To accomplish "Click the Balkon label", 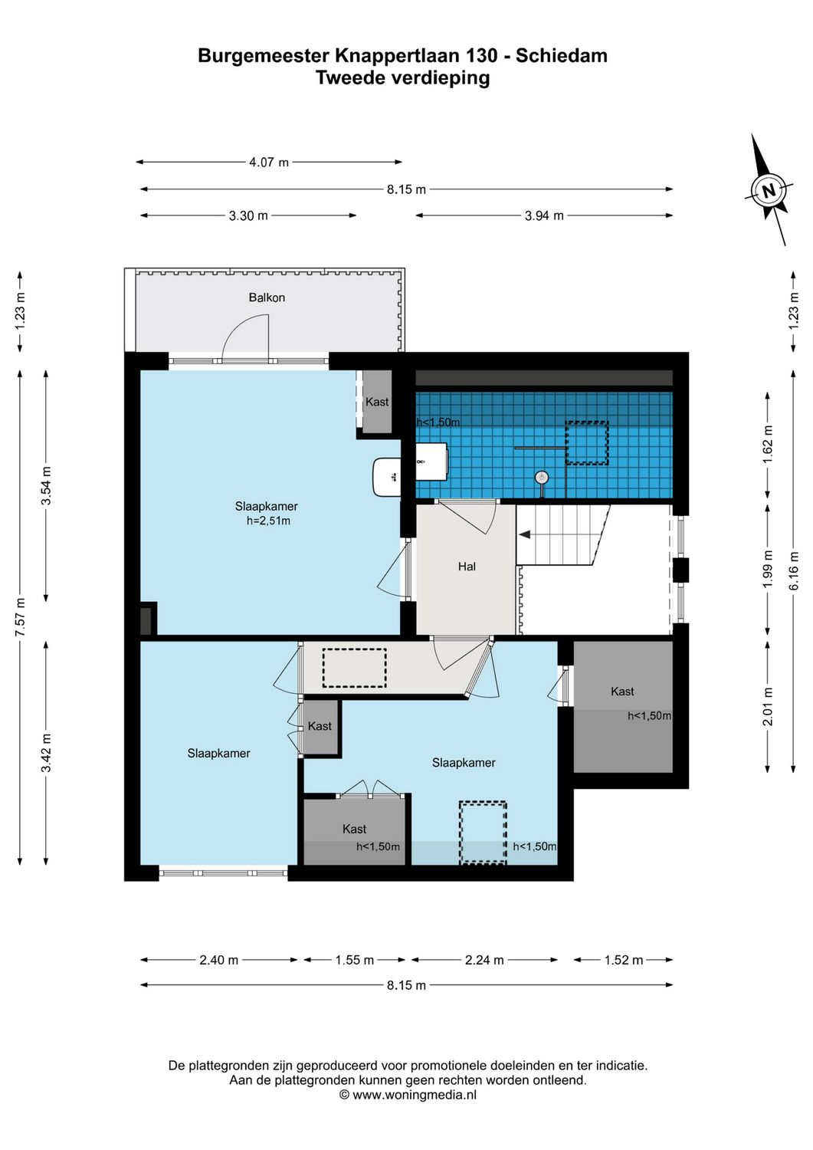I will [x=267, y=297].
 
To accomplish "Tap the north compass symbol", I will [x=769, y=189].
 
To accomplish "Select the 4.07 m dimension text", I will [x=269, y=163].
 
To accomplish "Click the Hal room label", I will [x=467, y=567].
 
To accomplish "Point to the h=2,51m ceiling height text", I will [x=268, y=521].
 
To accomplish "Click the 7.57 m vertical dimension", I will [x=21, y=616].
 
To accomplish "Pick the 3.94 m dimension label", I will [x=544, y=216].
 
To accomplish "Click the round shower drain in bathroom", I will [x=543, y=477].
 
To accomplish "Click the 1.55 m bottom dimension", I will [x=355, y=960].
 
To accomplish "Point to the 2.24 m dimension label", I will [x=484, y=960].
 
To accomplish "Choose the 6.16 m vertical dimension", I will [x=795, y=571].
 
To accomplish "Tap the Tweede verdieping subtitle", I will [x=402, y=77].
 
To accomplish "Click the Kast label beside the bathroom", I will [x=377, y=402].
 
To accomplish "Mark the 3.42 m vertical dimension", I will [x=47, y=753].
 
